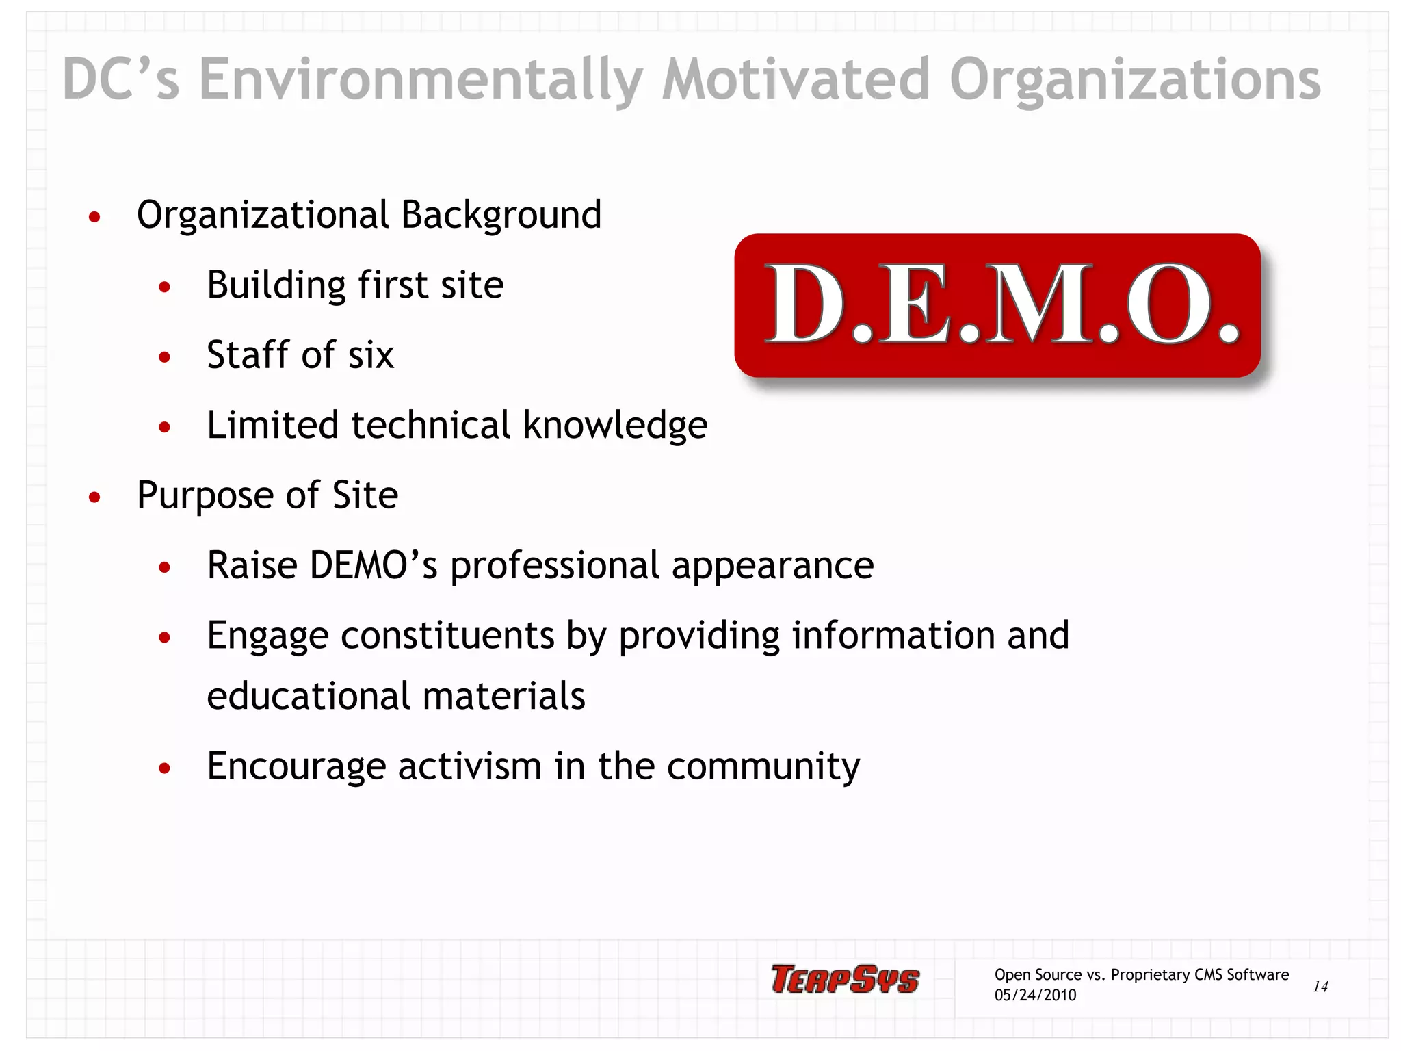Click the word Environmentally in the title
point(421,80)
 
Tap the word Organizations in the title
point(1135,80)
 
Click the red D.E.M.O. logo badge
point(997,305)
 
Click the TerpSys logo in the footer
point(845,979)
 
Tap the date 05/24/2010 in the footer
point(1035,995)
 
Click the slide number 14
point(1320,986)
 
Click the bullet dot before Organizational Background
point(94,218)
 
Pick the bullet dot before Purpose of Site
point(94,497)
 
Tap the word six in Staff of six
point(371,355)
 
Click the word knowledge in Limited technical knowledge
point(615,426)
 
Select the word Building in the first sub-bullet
point(276,285)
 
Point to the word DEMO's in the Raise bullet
point(374,565)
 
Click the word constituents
point(447,636)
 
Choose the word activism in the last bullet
point(470,766)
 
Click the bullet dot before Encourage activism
point(164,768)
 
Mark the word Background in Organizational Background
point(501,215)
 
